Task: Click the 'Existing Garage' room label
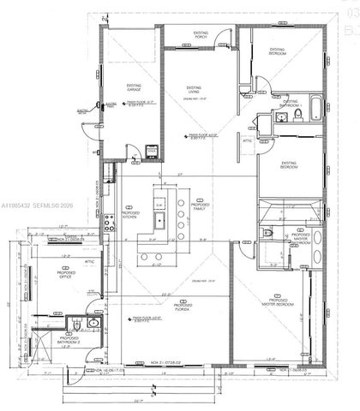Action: (135, 86)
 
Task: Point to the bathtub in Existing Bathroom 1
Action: (315, 110)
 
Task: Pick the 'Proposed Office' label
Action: (66, 275)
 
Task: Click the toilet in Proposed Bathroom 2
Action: (75, 325)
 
